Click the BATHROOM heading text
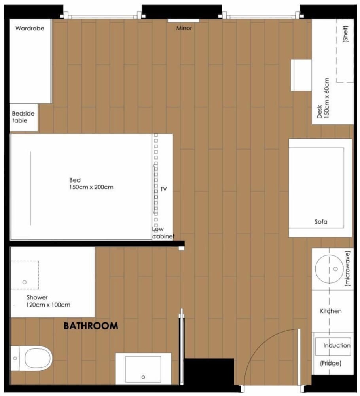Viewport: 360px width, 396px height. (x=91, y=326)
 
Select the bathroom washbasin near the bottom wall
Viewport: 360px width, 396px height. (x=143, y=369)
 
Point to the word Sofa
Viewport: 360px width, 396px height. (x=321, y=222)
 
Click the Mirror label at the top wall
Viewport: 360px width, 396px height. (x=184, y=28)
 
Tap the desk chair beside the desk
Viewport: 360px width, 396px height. (x=301, y=75)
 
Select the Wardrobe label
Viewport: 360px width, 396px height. (x=30, y=29)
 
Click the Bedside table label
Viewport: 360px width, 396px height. (x=23, y=117)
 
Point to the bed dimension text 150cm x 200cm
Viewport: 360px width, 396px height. (x=91, y=187)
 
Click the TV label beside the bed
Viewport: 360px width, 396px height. (x=164, y=189)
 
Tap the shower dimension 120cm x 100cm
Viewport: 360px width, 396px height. (x=49, y=305)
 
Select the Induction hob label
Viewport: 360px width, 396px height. (x=337, y=345)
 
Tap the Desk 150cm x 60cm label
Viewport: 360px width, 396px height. (x=323, y=98)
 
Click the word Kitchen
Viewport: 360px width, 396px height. (x=331, y=311)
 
